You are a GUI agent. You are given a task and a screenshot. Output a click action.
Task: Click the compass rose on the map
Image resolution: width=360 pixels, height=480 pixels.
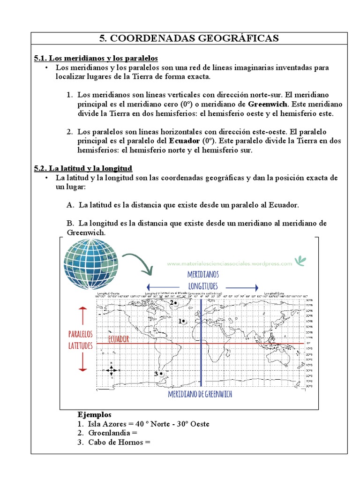[x=111, y=370]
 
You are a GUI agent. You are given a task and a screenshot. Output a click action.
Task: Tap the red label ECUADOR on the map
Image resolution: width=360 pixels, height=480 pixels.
[x=118, y=339]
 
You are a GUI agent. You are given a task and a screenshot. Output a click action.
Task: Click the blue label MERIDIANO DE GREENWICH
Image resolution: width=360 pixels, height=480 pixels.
[x=200, y=395]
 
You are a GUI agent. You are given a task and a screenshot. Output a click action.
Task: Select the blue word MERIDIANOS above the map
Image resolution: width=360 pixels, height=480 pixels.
[x=202, y=274]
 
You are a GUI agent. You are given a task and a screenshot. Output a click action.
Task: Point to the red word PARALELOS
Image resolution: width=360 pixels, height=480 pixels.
[x=81, y=334]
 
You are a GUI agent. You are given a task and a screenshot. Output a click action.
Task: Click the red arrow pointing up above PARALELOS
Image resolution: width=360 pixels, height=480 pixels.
[x=83, y=315]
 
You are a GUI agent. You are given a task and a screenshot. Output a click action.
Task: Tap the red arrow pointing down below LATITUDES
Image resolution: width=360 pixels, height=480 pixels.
[x=83, y=362]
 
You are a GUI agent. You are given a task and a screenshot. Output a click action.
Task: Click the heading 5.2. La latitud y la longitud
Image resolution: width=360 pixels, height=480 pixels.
[x=83, y=168]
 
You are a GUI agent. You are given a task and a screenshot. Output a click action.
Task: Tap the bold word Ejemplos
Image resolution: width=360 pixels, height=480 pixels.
[x=94, y=415]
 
